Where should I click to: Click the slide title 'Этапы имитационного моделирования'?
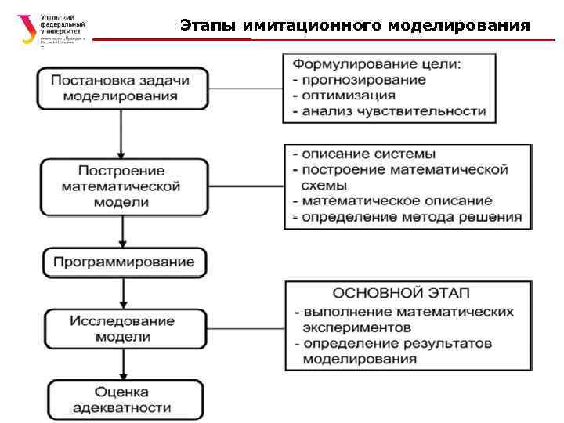355,26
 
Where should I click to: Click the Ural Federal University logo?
51,29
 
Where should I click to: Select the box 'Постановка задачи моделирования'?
120,88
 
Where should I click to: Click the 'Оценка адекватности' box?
121,399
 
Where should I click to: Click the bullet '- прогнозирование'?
360,79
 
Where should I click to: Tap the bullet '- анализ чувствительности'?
389,111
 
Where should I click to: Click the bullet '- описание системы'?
364,154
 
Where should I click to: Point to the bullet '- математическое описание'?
392,201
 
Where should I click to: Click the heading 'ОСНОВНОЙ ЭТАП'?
401,294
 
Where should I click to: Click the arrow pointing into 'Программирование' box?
122,232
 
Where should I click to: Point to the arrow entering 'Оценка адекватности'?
122,363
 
